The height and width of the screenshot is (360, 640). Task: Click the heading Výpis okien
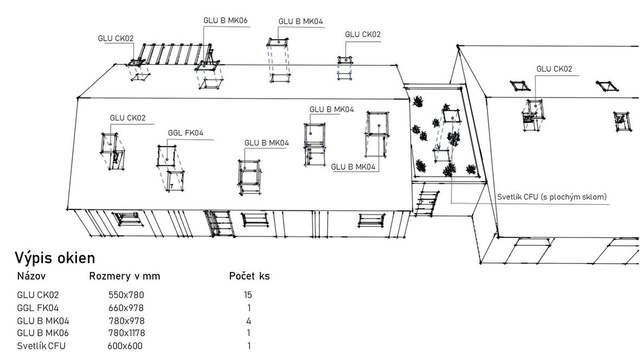click(x=55, y=258)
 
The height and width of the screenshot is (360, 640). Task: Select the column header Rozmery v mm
click(x=125, y=277)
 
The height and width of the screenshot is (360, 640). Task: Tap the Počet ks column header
click(x=249, y=277)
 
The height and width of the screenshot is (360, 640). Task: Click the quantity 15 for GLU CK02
click(x=248, y=295)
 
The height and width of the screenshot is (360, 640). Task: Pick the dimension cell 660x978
click(x=126, y=308)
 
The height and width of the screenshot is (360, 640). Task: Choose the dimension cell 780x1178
click(x=126, y=333)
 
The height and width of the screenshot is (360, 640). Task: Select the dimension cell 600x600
click(x=125, y=346)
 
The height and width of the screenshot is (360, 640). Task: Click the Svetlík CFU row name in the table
click(x=41, y=346)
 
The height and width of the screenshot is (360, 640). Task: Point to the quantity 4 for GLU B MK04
click(x=248, y=321)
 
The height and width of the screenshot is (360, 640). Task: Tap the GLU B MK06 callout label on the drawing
click(x=225, y=21)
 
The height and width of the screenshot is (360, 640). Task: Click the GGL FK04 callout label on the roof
click(x=185, y=133)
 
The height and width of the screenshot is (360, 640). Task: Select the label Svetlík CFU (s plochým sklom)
click(x=552, y=197)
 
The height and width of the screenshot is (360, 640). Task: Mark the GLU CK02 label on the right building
click(x=554, y=69)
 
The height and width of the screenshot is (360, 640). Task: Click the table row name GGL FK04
click(x=37, y=308)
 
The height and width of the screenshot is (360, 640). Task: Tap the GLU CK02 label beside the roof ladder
click(x=116, y=38)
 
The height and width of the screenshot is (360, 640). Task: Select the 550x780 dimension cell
click(x=126, y=295)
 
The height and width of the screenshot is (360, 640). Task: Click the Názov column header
click(x=31, y=277)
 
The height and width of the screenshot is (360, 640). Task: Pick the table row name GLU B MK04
click(x=43, y=321)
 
